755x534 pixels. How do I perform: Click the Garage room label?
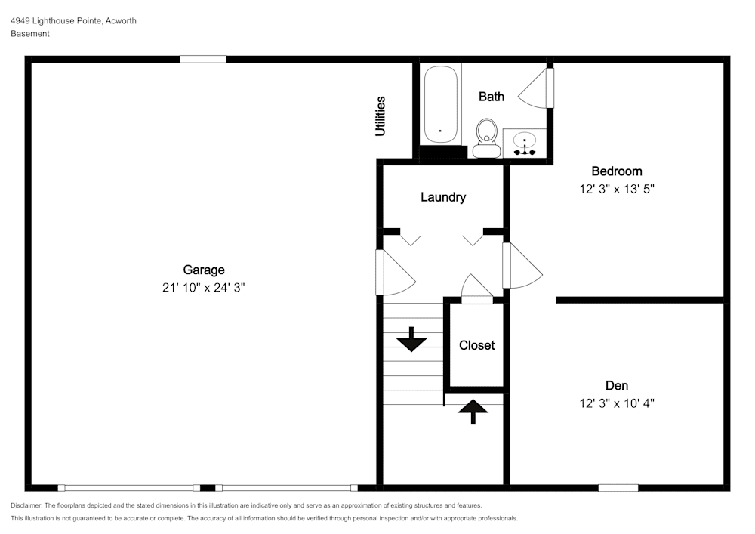pyautogui.click(x=204, y=270)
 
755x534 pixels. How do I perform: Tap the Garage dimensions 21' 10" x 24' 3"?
pyautogui.click(x=204, y=288)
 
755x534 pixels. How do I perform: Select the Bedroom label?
pyautogui.click(x=617, y=171)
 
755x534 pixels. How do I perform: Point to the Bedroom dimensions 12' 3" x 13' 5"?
pyautogui.click(x=617, y=189)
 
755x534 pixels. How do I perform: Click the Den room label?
pyautogui.click(x=617, y=385)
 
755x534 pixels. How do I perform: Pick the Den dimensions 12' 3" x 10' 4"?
pyautogui.click(x=617, y=403)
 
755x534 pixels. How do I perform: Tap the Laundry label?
pyautogui.click(x=443, y=197)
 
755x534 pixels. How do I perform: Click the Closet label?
pyautogui.click(x=476, y=345)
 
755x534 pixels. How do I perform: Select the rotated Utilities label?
pyautogui.click(x=381, y=116)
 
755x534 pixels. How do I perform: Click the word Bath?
pyautogui.click(x=492, y=97)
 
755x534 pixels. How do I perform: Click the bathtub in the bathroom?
pyautogui.click(x=441, y=104)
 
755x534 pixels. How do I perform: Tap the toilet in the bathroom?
pyautogui.click(x=487, y=138)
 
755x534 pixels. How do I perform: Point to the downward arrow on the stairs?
pyautogui.click(x=411, y=339)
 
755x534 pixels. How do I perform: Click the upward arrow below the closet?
pyautogui.click(x=473, y=412)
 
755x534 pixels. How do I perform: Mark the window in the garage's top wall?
pyautogui.click(x=203, y=59)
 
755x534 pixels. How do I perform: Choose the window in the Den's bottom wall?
pyautogui.click(x=618, y=488)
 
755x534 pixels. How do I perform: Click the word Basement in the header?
pyautogui.click(x=30, y=34)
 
